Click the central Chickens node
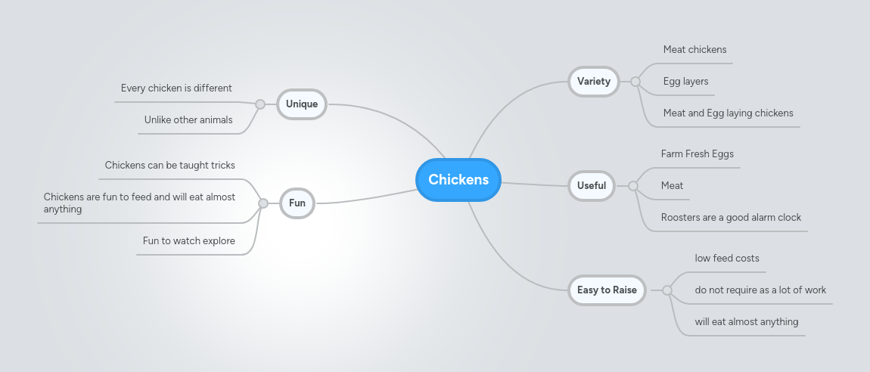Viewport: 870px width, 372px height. [x=458, y=180]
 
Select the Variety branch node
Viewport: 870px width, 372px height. [x=593, y=82]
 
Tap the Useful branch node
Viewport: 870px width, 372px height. [x=591, y=185]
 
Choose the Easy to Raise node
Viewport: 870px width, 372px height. [x=607, y=290]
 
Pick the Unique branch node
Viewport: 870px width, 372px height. [x=302, y=104]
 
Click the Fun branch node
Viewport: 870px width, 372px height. [x=297, y=203]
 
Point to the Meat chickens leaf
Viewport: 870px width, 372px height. [x=694, y=50]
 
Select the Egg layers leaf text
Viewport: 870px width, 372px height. [x=685, y=82]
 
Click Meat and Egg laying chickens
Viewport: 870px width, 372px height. [x=728, y=113]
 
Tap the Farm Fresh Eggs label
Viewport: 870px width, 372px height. [x=697, y=154]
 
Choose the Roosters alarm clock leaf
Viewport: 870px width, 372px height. [x=731, y=218]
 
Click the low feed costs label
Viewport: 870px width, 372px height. [x=727, y=259]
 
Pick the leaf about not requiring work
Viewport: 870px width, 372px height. [x=760, y=290]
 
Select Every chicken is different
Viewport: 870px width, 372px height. [x=176, y=88]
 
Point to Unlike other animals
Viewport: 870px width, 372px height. [x=188, y=120]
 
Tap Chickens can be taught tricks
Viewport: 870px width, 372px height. [x=169, y=166]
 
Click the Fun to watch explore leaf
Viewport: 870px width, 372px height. [x=188, y=241]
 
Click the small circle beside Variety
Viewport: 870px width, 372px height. [x=635, y=82]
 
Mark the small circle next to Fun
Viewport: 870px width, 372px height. [x=263, y=203]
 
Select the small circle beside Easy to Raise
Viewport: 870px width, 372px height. [x=666, y=290]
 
